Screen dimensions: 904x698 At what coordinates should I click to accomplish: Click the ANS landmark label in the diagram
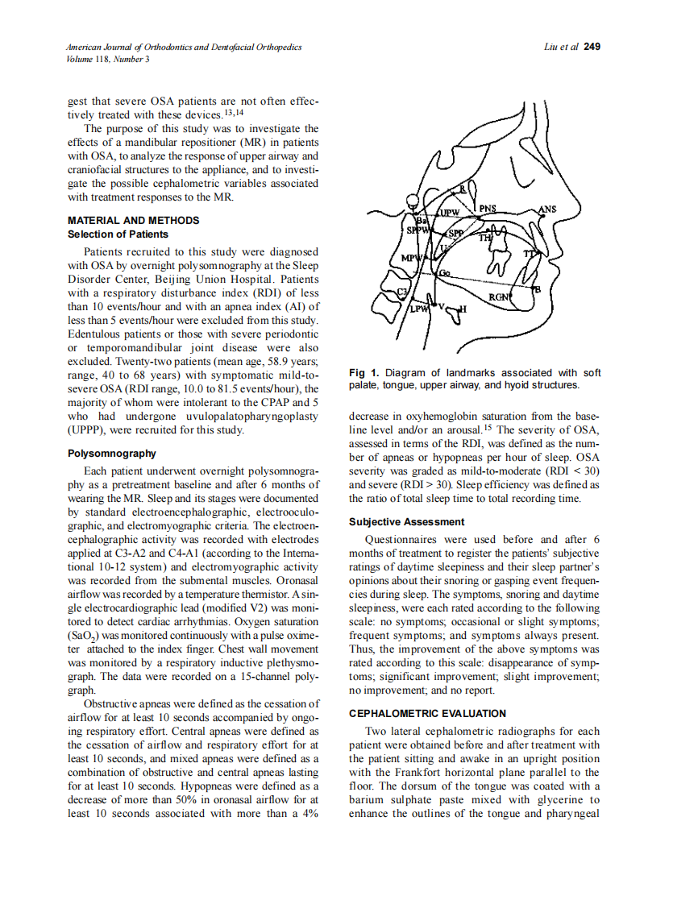coord(546,209)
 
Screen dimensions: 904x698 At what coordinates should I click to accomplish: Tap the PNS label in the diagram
coord(488,209)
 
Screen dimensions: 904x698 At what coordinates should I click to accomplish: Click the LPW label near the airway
coord(418,309)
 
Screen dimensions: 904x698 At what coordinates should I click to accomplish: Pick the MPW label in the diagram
coord(411,258)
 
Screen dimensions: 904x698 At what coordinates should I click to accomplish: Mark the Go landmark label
coord(444,274)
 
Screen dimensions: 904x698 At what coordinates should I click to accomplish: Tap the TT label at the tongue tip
coord(530,255)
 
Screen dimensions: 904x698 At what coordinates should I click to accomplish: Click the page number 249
coord(592,47)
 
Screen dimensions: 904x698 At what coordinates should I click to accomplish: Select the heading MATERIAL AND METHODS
coord(133,220)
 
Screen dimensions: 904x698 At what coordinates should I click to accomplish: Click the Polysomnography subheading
coord(112,454)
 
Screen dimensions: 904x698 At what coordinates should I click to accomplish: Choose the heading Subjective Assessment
coord(406,522)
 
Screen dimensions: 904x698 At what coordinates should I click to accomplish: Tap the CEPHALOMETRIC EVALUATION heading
coord(427,713)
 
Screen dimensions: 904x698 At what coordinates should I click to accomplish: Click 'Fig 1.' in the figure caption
coord(364,373)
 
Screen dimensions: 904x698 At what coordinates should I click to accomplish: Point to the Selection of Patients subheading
coord(118,234)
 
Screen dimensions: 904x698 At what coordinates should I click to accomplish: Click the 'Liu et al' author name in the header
coord(561,47)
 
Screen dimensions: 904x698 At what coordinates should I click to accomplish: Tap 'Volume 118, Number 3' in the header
coord(108,59)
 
